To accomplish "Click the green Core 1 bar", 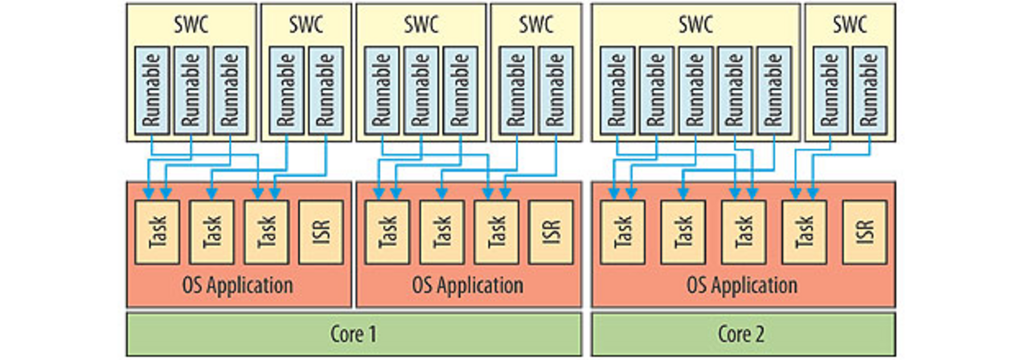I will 354,333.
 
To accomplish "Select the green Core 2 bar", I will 742,333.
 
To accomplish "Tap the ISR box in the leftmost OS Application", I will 319,231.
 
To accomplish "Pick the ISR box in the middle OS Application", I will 549,231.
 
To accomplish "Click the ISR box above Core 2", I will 864,231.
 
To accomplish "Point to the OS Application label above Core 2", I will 742,285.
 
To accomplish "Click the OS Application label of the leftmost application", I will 239,285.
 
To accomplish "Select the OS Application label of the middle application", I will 468,285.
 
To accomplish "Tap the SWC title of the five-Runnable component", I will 696,23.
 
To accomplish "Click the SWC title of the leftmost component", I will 191,23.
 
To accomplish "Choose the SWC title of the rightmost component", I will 849,23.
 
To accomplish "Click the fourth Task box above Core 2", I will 804,231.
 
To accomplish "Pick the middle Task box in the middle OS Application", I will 441,231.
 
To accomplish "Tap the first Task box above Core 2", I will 621,231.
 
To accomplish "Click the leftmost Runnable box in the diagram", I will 152,89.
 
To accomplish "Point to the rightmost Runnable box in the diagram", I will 871,89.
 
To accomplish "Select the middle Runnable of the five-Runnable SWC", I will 696,89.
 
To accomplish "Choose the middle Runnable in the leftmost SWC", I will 191,89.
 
